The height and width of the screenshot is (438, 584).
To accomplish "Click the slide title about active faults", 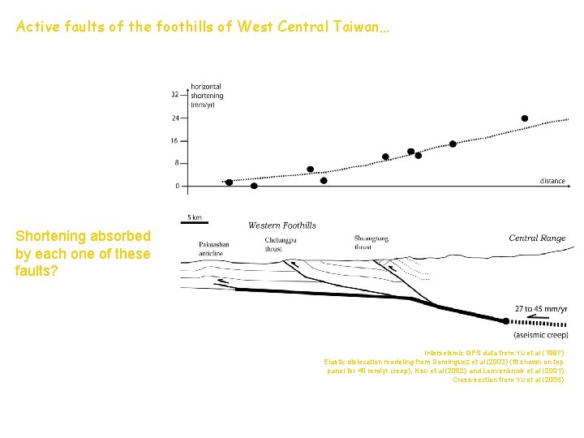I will [203, 27].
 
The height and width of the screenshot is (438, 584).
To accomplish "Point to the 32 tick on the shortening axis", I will [174, 94].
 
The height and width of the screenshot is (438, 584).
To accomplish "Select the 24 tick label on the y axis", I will [174, 118].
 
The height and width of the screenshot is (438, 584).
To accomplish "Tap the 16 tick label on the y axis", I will [174, 140].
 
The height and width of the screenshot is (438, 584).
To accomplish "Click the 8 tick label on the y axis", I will [177, 163].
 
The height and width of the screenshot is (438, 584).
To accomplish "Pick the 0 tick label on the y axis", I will [177, 186].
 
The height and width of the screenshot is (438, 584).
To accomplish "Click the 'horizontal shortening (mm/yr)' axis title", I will [206, 96].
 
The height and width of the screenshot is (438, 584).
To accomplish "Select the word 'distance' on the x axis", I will [552, 181].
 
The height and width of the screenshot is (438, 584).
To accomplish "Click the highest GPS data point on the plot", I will [525, 118].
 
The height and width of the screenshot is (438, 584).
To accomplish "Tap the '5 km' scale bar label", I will [195, 217].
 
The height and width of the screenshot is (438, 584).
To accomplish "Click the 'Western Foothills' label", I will [281, 225].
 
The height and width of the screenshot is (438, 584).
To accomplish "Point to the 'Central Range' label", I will [537, 238].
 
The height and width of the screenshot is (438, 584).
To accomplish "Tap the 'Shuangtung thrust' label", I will [374, 242].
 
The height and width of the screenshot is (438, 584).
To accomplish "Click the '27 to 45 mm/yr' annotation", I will [541, 309].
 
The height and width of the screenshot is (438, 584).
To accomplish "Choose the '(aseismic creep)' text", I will [540, 335].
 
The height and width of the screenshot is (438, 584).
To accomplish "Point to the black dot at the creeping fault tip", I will [505, 321].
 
